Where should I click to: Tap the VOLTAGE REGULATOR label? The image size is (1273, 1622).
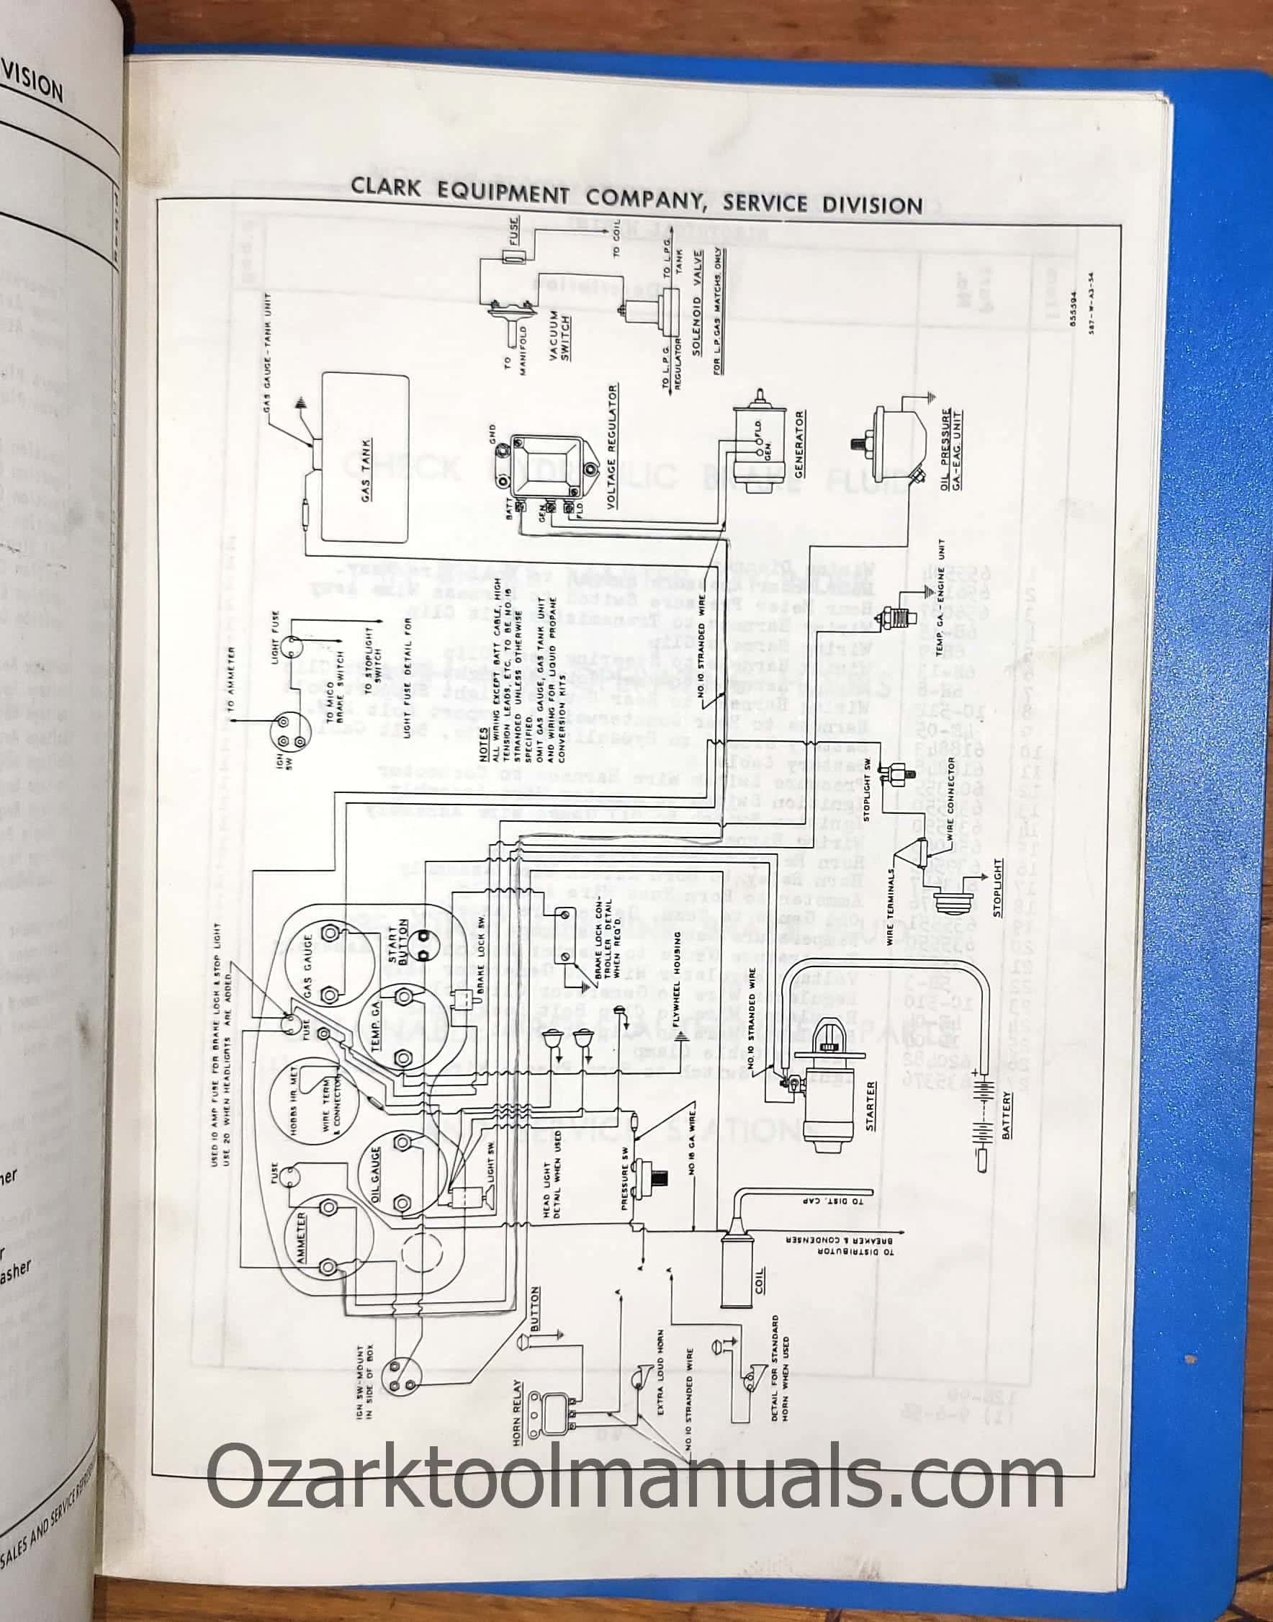coord(612,447)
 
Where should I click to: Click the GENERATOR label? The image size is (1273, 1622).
coord(800,444)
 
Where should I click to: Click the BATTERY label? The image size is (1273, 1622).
coord(1007,1114)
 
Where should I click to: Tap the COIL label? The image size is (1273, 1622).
coord(760,1283)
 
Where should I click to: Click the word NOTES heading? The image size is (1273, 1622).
coord(484,743)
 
